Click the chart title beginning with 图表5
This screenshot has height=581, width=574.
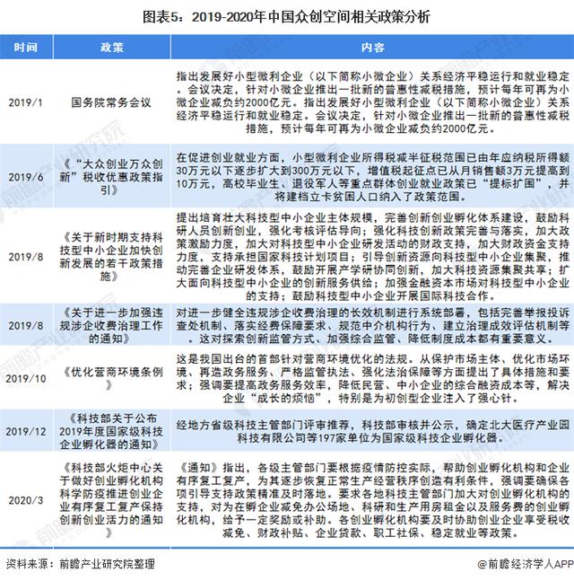(287, 17)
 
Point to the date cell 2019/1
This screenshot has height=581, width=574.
(26, 103)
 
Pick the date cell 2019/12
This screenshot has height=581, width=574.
(26, 430)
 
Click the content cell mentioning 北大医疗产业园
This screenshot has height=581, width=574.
(372, 430)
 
